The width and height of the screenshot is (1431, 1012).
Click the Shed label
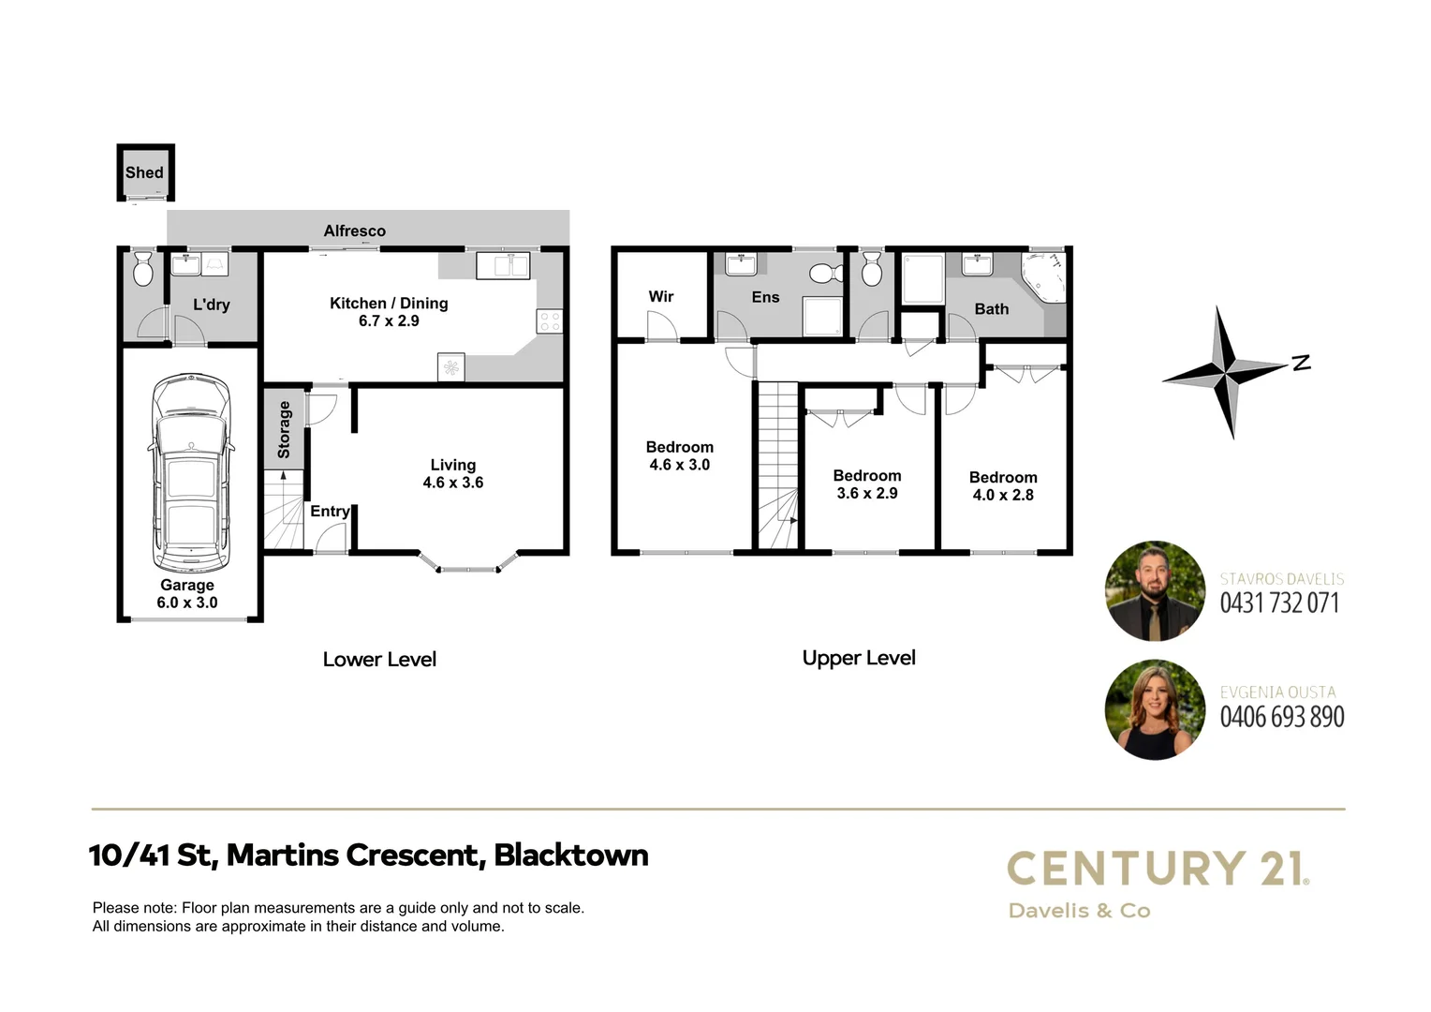(144, 172)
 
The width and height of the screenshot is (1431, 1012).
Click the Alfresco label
(354, 231)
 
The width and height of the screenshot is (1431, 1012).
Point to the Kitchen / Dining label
(389, 304)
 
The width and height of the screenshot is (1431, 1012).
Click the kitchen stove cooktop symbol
(550, 321)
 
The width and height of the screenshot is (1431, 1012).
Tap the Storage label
(285, 430)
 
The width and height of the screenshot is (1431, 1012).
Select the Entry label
(330, 511)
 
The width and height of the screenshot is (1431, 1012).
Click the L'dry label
(211, 305)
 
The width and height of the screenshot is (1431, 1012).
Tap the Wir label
(661, 296)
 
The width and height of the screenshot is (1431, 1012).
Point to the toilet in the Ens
(823, 273)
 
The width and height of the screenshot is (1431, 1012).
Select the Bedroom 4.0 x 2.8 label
(1003, 486)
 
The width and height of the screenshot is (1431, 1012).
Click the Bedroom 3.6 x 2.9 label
(867, 484)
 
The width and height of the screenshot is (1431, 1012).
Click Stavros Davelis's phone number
(1279, 603)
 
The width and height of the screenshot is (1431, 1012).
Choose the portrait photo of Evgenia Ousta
(1155, 709)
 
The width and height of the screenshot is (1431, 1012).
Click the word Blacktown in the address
(570, 855)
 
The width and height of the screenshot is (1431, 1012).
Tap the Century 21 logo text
(1158, 869)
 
